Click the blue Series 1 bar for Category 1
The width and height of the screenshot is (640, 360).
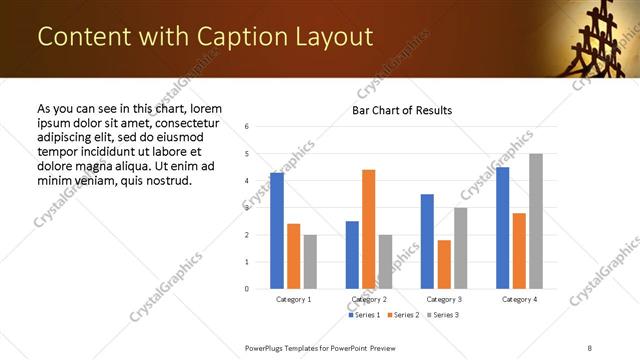point(277,231)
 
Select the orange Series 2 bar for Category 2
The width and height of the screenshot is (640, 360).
point(369,229)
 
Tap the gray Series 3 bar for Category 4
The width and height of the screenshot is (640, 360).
point(536,221)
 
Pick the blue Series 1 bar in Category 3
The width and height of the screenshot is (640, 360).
point(427,241)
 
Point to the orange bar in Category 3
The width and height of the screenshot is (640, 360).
point(444,264)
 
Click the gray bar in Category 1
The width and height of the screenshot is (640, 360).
point(310,262)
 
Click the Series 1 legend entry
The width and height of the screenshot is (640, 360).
point(363,315)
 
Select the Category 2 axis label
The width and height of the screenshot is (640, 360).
point(369,299)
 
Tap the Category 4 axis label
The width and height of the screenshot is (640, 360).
point(519,299)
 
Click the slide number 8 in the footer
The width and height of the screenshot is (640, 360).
point(589,346)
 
